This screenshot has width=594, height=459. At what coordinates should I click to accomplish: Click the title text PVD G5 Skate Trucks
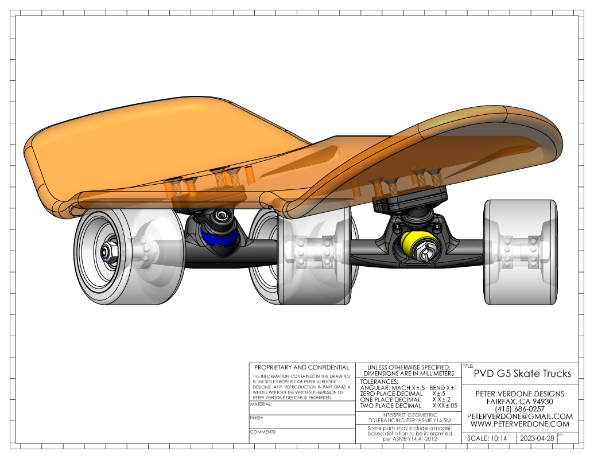pos(522,374)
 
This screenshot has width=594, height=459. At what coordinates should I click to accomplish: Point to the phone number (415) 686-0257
pos(520,409)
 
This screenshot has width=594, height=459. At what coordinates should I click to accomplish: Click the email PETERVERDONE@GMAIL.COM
pos(520,417)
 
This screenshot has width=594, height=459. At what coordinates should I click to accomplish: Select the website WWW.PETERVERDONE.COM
pos(520,424)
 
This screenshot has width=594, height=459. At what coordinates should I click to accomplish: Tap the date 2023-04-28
pos(537,438)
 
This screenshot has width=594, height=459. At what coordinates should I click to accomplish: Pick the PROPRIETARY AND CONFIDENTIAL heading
pos(301,367)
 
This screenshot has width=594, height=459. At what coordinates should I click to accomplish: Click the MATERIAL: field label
pos(261,404)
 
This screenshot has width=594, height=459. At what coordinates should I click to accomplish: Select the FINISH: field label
pos(257,418)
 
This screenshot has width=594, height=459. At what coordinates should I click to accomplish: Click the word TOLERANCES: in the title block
pos(379,382)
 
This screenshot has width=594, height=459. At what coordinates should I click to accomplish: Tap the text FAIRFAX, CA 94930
pos(520,402)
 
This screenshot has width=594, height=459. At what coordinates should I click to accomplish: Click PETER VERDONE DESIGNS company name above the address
pos(520,394)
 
